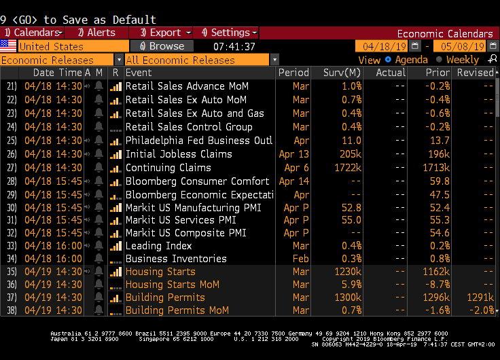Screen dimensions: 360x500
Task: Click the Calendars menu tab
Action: click(x=34, y=33)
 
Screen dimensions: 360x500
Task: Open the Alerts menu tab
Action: click(x=96, y=33)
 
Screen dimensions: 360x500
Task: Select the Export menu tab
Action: click(x=162, y=33)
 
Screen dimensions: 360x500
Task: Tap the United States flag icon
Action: click(x=8, y=46)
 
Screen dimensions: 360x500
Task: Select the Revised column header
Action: click(x=475, y=73)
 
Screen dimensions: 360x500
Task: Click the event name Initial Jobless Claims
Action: click(x=179, y=154)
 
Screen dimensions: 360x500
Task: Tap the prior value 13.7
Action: click(x=440, y=141)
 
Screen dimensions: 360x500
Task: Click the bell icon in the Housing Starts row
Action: click(x=99, y=272)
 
